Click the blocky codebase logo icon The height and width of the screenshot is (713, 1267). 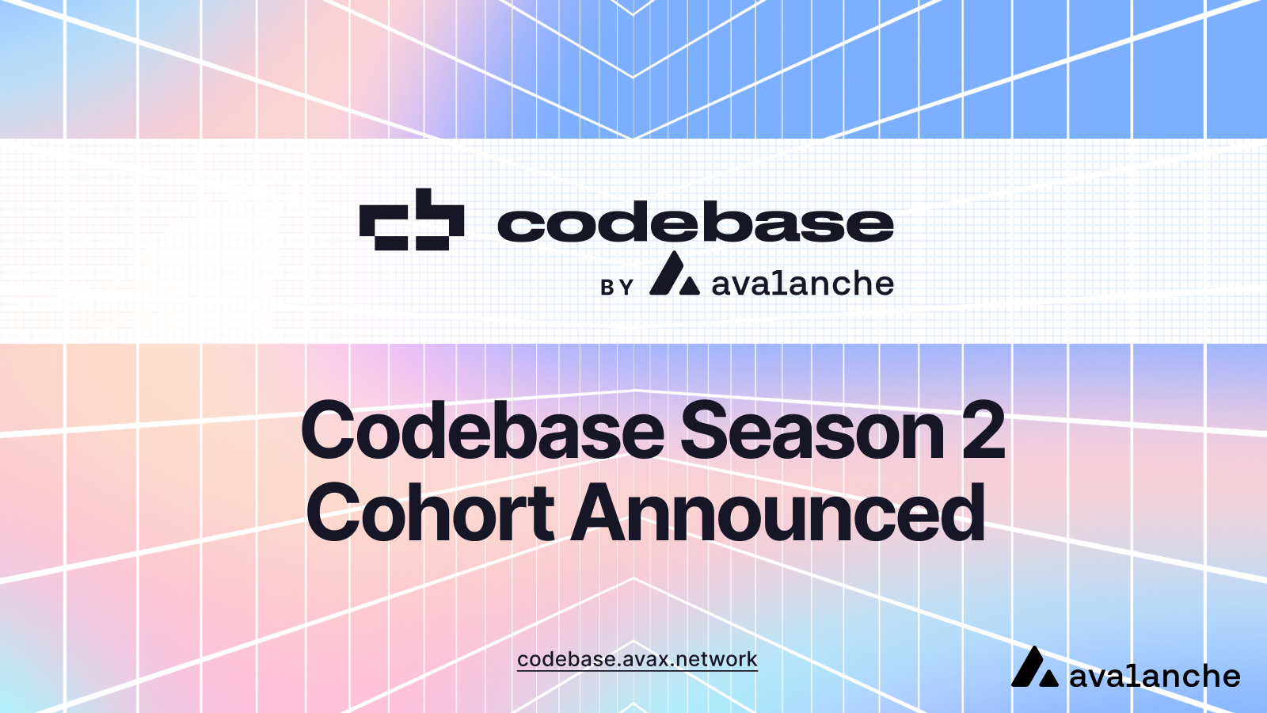412,219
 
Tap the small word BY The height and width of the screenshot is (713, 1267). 617,287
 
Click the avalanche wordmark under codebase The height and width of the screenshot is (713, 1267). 802,284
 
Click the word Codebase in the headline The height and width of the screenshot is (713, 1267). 482,431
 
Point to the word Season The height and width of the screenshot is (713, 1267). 812,431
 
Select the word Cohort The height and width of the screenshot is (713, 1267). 430,513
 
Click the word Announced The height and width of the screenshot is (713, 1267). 778,513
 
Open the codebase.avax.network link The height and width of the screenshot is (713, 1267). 637,659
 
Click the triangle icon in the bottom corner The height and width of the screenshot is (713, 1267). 1034,668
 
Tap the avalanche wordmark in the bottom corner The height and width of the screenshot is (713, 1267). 1154,676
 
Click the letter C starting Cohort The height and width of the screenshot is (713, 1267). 335,513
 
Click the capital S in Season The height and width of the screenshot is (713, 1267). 706,431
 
